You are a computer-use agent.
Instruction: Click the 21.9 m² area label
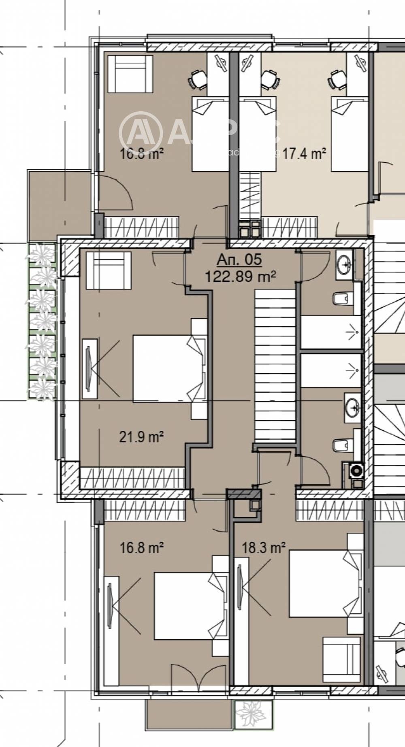click(x=141, y=437)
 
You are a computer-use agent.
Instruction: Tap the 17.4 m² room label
click(x=304, y=154)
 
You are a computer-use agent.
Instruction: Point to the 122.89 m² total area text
click(x=240, y=277)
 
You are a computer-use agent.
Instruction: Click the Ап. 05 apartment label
click(x=239, y=260)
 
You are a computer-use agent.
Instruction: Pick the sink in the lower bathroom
click(x=352, y=405)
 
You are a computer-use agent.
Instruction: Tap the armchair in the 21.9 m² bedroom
click(x=109, y=270)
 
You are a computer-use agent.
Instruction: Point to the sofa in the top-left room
click(x=130, y=74)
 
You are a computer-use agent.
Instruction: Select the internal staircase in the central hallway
click(x=274, y=364)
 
